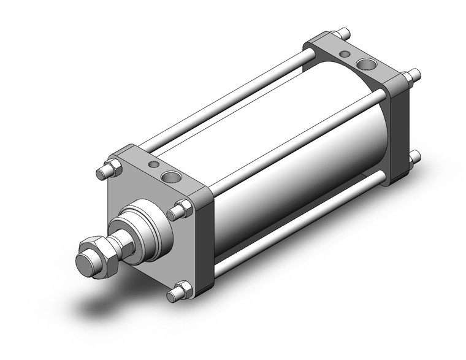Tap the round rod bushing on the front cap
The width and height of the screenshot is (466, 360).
145,229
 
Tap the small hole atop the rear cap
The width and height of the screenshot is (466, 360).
345,54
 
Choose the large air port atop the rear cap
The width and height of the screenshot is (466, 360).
367,63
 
